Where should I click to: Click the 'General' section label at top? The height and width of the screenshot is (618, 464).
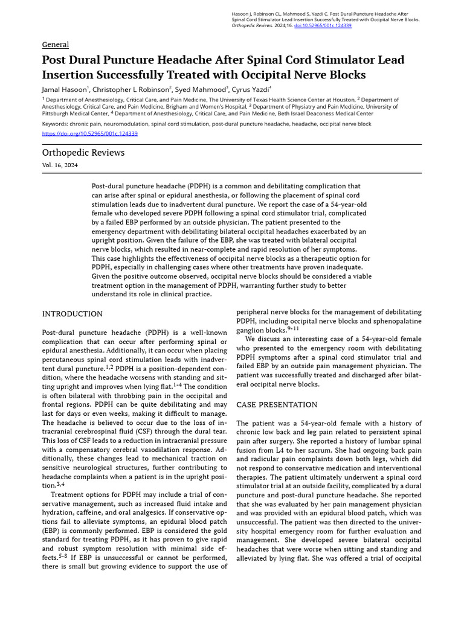[x=55, y=45]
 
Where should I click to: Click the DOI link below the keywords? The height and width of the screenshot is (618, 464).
[x=89, y=133]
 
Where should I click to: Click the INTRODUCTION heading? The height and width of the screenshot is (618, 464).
[x=72, y=314]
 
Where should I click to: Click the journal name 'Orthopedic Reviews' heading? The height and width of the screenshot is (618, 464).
[x=83, y=153]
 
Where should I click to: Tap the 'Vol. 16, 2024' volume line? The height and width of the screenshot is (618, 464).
[x=60, y=165]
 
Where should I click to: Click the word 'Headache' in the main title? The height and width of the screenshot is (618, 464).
[x=200, y=60]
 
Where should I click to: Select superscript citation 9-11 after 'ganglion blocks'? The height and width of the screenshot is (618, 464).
[x=292, y=329]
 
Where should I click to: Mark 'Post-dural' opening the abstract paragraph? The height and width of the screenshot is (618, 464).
[x=109, y=186]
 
